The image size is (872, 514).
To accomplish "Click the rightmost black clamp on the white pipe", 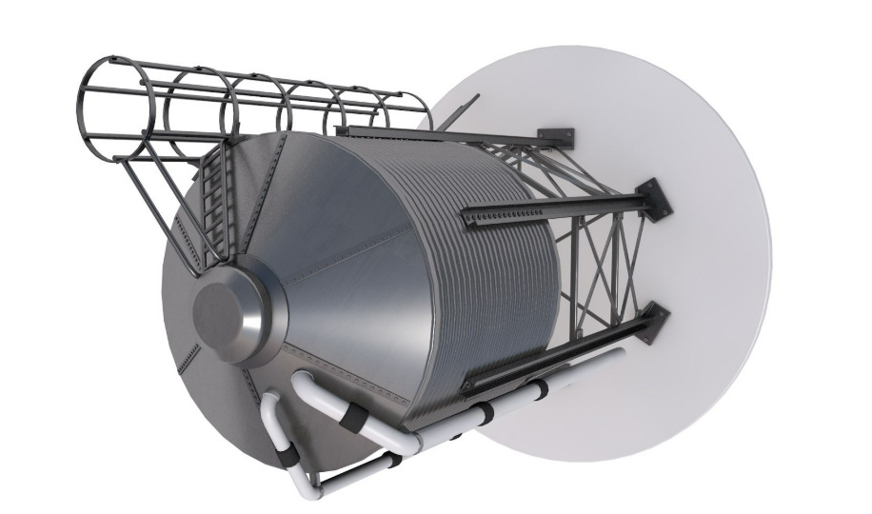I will (541, 387).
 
